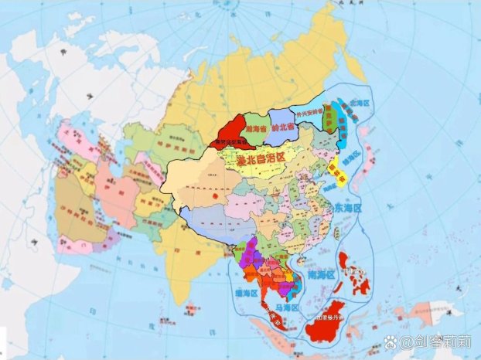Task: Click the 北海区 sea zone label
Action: tap(360, 103)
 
